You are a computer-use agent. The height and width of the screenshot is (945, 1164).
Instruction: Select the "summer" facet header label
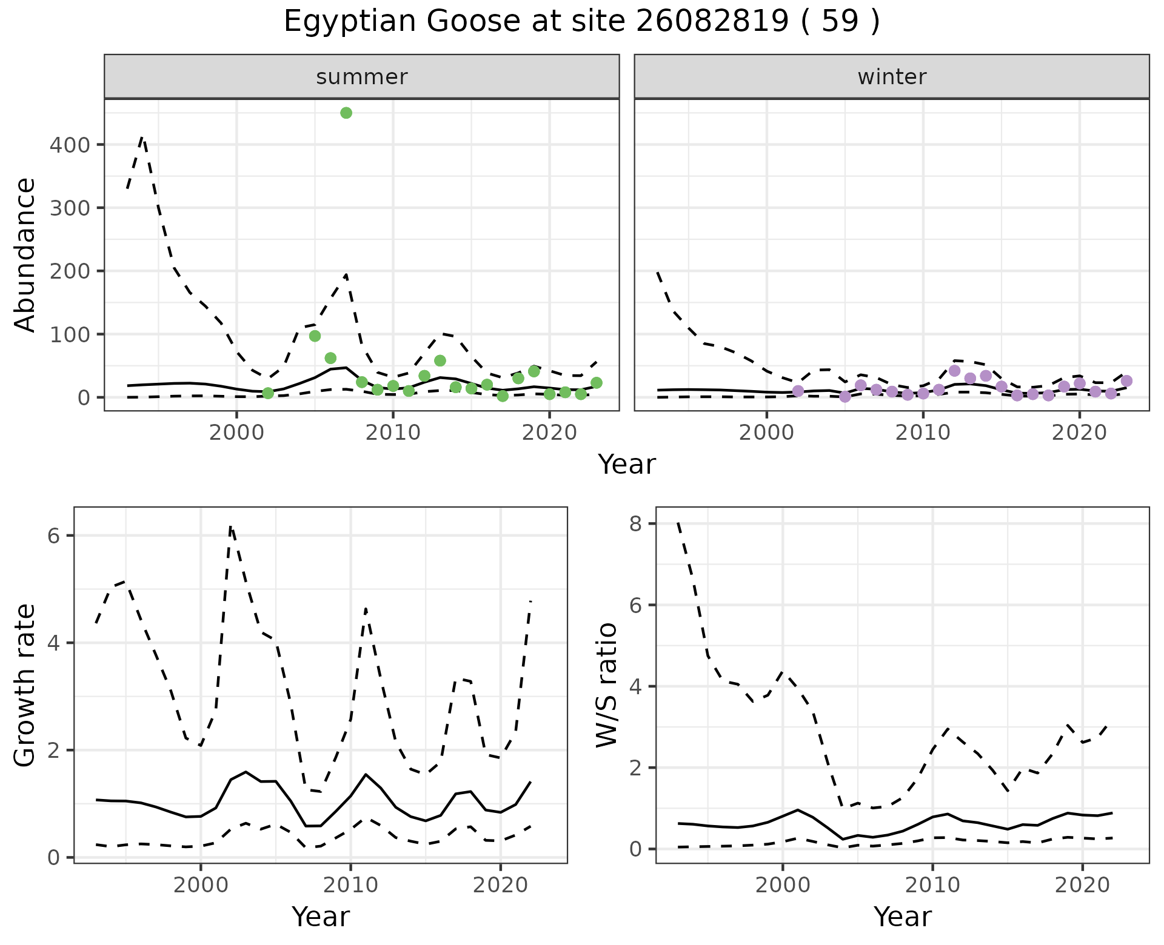click(362, 77)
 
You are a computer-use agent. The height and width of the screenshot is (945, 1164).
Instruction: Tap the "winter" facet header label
click(892, 77)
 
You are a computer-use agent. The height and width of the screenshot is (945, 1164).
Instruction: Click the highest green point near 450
click(346, 113)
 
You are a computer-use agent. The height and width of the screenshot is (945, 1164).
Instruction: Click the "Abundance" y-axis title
click(25, 254)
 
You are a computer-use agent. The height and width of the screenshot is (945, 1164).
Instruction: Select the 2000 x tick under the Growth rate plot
click(201, 885)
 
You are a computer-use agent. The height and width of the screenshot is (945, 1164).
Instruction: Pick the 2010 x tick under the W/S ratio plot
click(932, 885)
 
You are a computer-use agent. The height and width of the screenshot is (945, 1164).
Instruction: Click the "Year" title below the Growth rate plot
click(321, 917)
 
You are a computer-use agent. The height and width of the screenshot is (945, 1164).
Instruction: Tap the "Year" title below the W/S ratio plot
click(903, 917)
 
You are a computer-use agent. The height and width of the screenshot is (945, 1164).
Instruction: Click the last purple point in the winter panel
click(1126, 381)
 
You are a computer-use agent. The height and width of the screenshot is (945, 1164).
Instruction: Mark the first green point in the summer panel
click(268, 393)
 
